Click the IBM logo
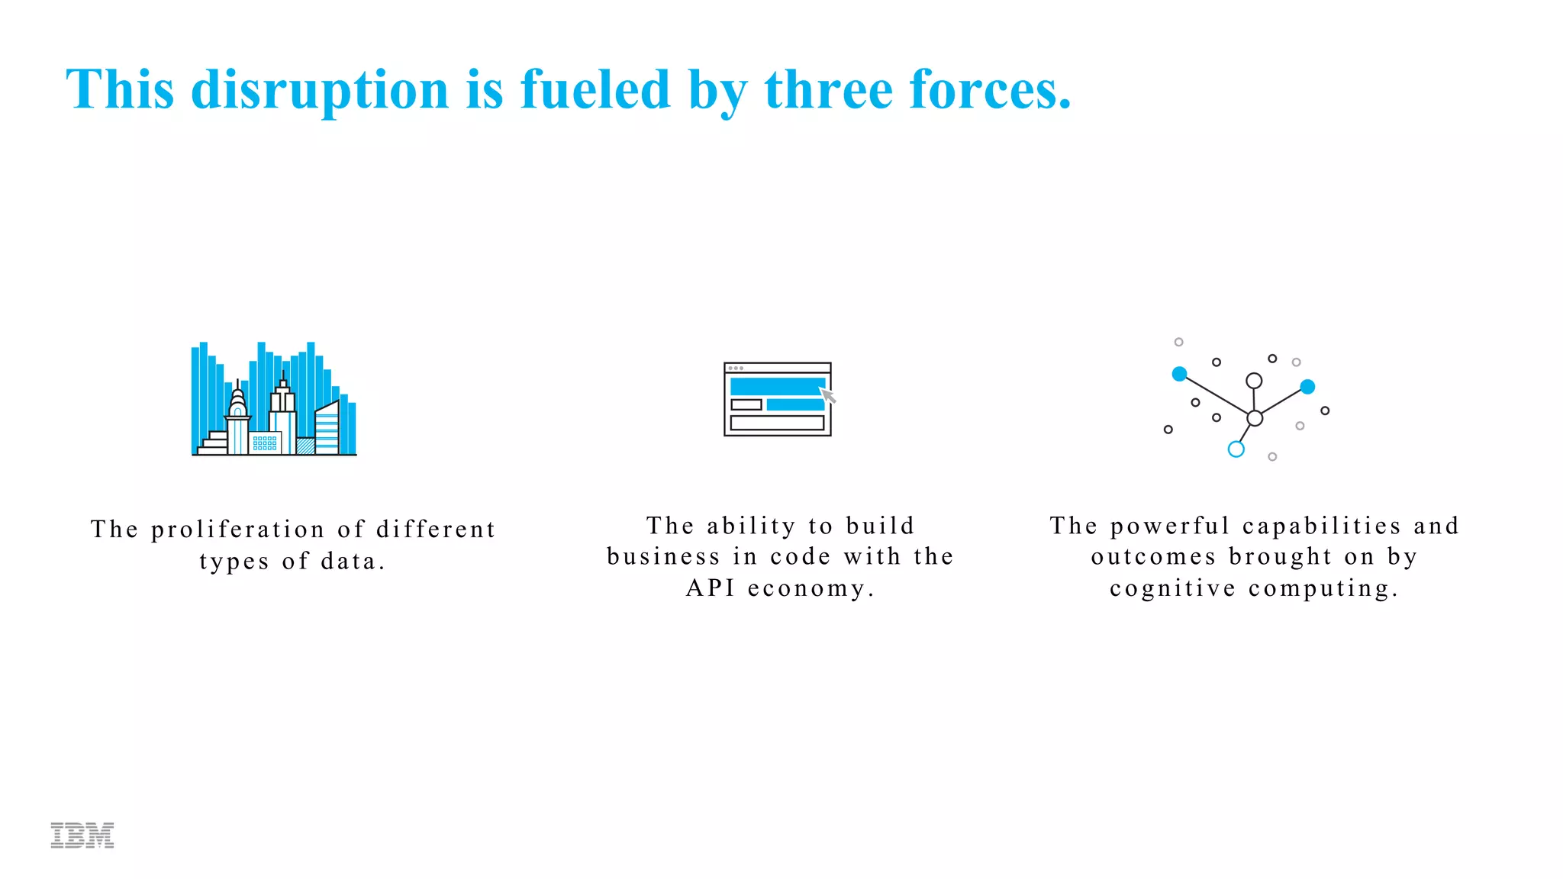[x=82, y=835]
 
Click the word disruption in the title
[x=320, y=90]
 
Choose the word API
[x=710, y=588]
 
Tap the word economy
[x=811, y=588]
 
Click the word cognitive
[x=1172, y=588]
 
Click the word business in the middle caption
[x=663, y=557]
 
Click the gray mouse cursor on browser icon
[x=828, y=395]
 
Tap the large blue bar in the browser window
[x=777, y=385]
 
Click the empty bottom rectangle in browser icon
[x=777, y=423]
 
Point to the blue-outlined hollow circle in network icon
[x=1236, y=449]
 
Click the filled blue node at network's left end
[x=1179, y=374]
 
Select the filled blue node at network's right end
[x=1307, y=387]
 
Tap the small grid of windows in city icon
[x=265, y=443]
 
